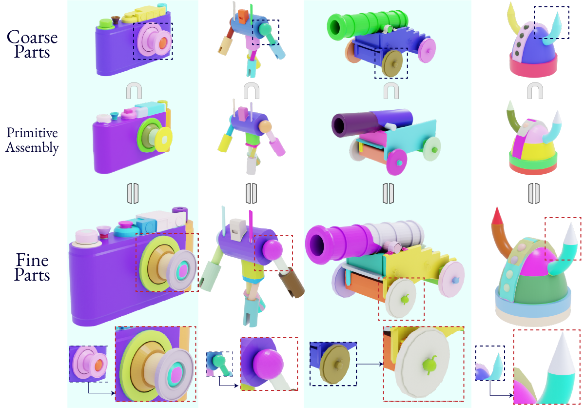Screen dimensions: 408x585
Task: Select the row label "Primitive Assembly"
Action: click(x=32, y=140)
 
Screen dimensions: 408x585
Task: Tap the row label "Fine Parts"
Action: click(x=32, y=267)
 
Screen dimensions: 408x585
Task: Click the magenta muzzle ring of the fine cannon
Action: click(x=324, y=240)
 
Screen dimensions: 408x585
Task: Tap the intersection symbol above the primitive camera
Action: click(x=134, y=91)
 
